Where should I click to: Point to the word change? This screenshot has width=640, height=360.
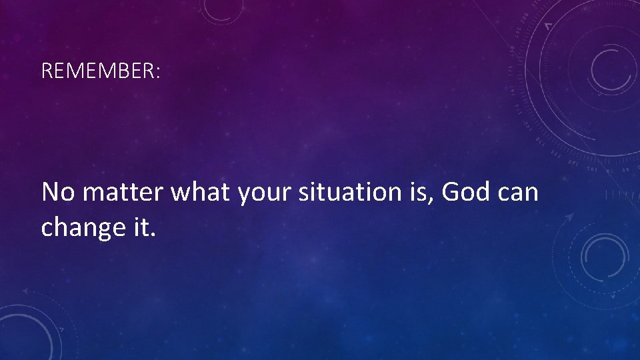[80, 229]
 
